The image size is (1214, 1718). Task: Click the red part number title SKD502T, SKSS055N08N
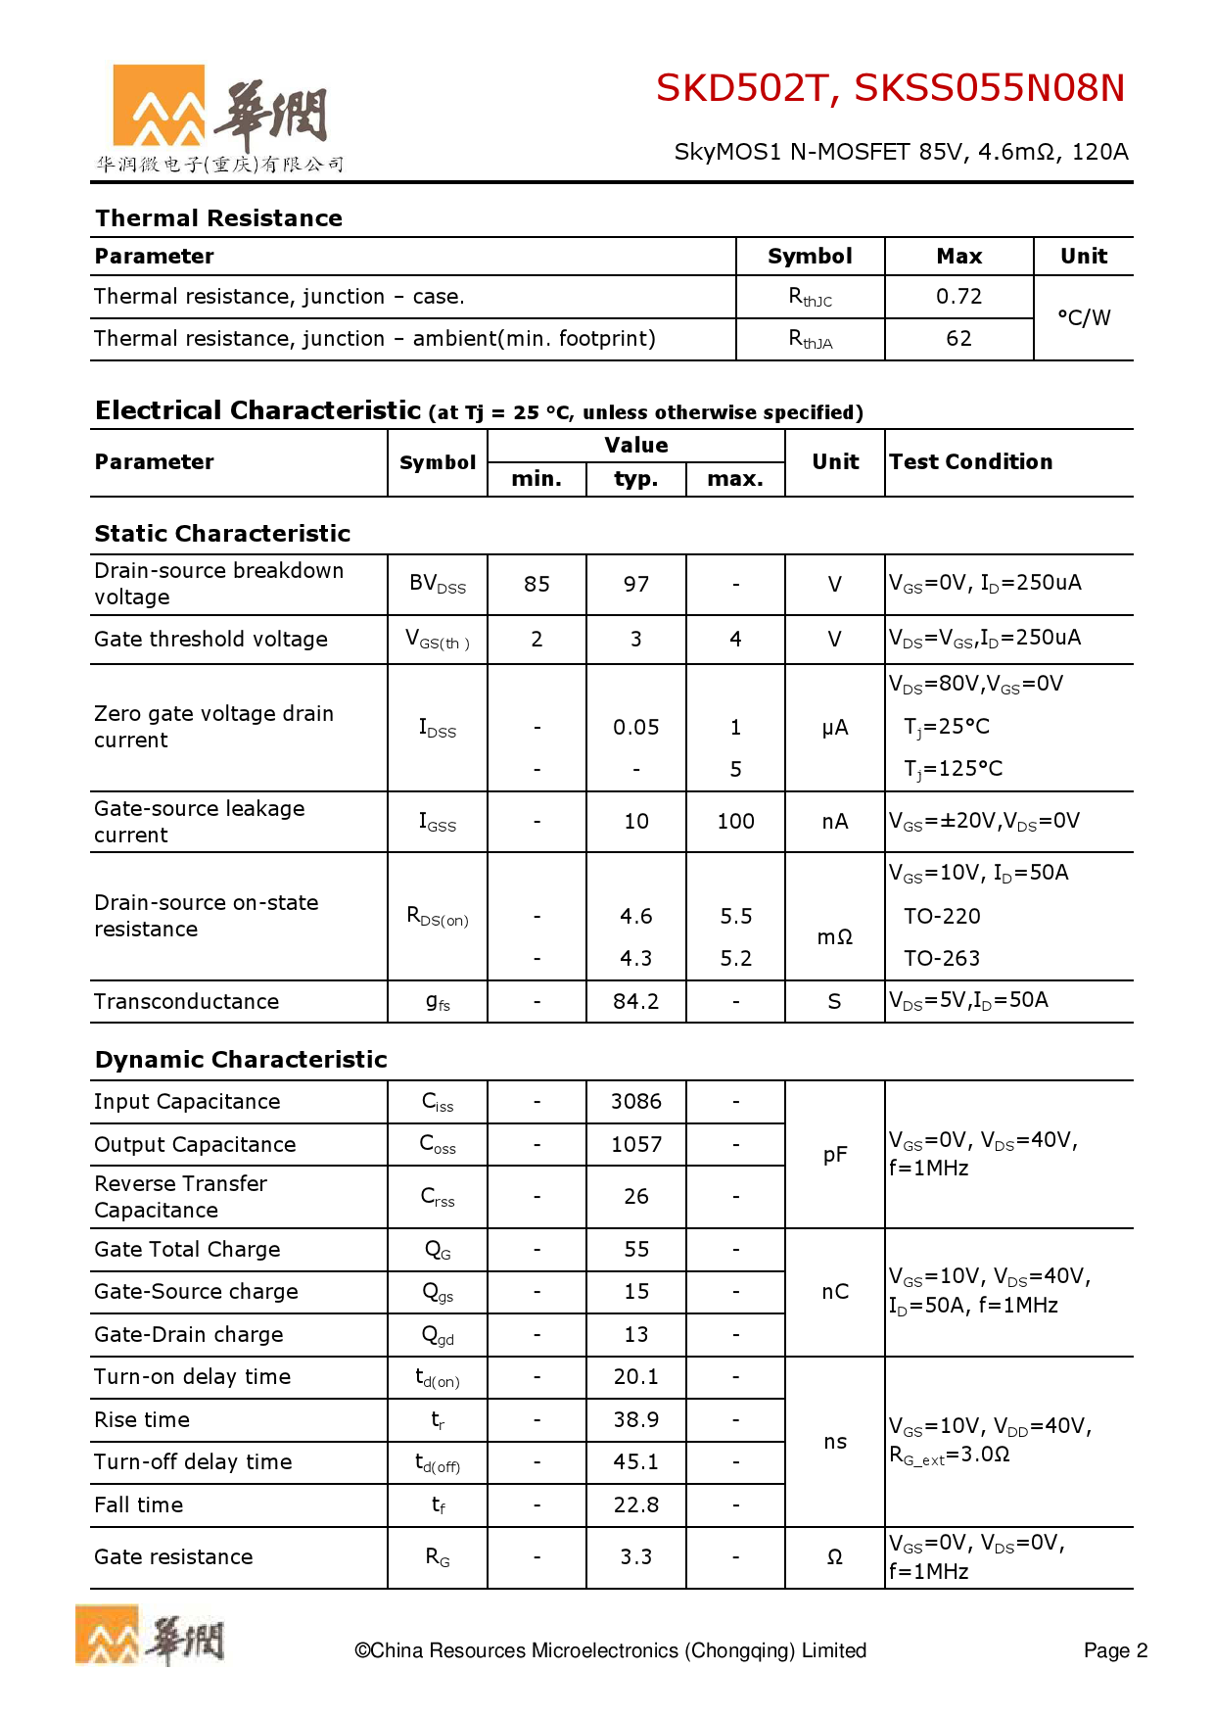tap(889, 88)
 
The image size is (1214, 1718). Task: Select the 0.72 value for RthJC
tap(958, 297)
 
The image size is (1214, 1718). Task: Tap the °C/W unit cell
tap(1084, 317)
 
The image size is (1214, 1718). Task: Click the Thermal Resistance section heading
tap(218, 218)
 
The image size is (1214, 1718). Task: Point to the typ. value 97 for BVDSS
tap(636, 585)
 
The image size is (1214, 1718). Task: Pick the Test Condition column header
tap(970, 462)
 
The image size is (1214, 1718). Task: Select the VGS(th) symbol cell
tap(438, 641)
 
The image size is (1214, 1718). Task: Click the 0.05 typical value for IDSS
tap(636, 728)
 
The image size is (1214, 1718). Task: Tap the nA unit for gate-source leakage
tap(835, 822)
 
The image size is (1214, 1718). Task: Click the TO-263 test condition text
tap(941, 959)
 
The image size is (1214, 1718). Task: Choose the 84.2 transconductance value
tap(636, 1002)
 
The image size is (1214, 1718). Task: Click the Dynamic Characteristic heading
tap(241, 1060)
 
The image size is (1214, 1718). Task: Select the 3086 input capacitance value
tap(636, 1102)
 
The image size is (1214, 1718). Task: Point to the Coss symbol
tap(438, 1145)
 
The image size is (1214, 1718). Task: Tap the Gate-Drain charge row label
tap(189, 1335)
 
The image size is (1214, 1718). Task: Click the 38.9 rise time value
tap(636, 1420)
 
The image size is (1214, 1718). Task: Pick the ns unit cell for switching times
tap(835, 1442)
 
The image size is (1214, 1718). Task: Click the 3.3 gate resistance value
tap(636, 1557)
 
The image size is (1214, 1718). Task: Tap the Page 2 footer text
tap(1115, 1651)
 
